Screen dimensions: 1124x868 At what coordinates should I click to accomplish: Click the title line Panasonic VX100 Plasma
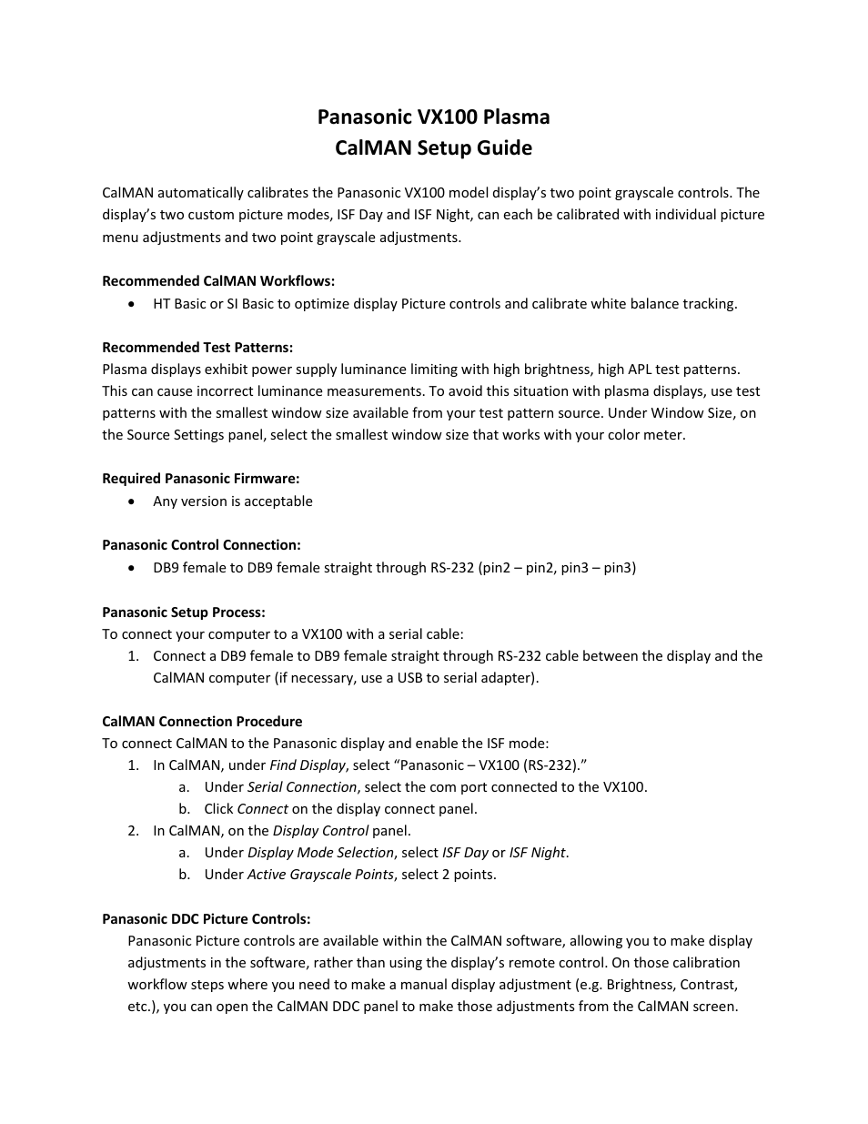[433, 116]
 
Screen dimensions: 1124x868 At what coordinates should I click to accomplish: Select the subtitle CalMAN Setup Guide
[433, 147]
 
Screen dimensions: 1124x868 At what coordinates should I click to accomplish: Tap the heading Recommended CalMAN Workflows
[218, 281]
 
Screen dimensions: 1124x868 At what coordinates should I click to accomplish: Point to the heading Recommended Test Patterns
[197, 348]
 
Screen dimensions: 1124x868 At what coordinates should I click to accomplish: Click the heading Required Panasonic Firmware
[200, 479]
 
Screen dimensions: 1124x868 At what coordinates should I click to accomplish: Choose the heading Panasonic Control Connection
[201, 545]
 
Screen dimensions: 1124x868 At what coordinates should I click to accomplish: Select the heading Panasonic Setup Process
[184, 613]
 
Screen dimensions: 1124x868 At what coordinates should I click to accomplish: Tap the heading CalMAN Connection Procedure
[202, 722]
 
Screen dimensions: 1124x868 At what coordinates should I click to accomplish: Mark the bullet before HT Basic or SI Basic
[134, 304]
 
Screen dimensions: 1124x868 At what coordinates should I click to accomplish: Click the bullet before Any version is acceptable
[134, 501]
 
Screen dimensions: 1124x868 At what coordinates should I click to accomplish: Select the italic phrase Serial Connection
[302, 787]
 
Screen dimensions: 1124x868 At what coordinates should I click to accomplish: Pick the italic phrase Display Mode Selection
[320, 853]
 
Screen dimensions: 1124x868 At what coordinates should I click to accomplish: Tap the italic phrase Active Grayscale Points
[320, 875]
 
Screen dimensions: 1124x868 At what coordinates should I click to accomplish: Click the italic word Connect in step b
[262, 809]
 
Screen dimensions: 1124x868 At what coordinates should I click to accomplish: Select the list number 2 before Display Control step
[133, 831]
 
